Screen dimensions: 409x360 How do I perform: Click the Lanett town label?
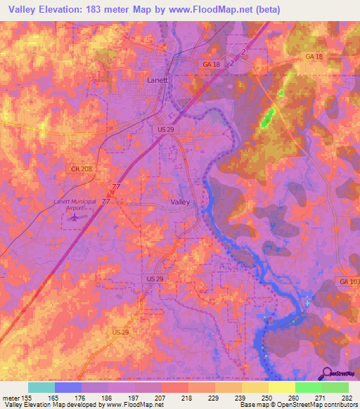click(157, 80)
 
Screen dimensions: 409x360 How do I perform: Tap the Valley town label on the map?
click(180, 202)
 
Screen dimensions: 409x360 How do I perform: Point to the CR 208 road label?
click(82, 169)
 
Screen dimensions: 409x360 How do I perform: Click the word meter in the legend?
click(10, 398)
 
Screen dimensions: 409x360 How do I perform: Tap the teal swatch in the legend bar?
click(41, 387)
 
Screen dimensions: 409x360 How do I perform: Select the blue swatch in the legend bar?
click(68, 387)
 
